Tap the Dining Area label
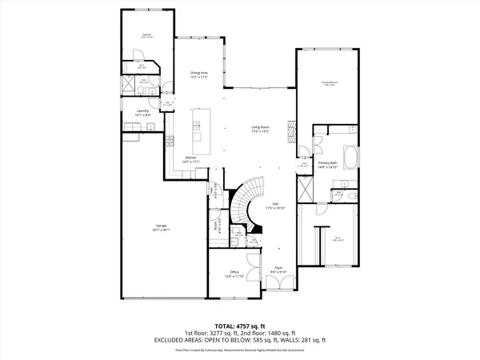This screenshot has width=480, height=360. (x=200, y=75)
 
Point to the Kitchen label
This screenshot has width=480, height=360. (x=191, y=159)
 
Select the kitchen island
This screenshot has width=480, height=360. (x=197, y=131)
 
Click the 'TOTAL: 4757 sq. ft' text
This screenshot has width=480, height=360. (x=240, y=326)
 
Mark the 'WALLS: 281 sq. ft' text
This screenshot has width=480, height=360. (x=305, y=339)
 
